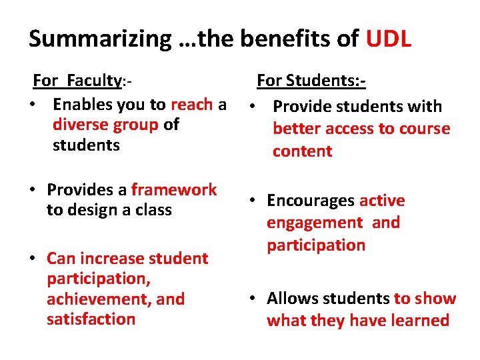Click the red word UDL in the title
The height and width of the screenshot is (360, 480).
coord(389,39)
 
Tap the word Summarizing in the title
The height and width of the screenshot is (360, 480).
coord(100,40)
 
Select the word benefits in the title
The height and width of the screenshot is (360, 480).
coord(292,39)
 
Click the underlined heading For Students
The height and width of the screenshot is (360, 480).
coord(311,81)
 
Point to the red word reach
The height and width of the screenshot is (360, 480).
coord(191,105)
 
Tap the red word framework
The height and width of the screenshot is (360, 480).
coord(174,190)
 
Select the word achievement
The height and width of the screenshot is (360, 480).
coord(99,299)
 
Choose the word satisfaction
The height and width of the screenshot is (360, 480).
coord(91,319)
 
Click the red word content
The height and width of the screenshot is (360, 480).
coord(302,151)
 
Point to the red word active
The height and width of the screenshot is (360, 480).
coord(382,201)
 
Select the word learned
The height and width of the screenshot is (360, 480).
coord(417,321)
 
